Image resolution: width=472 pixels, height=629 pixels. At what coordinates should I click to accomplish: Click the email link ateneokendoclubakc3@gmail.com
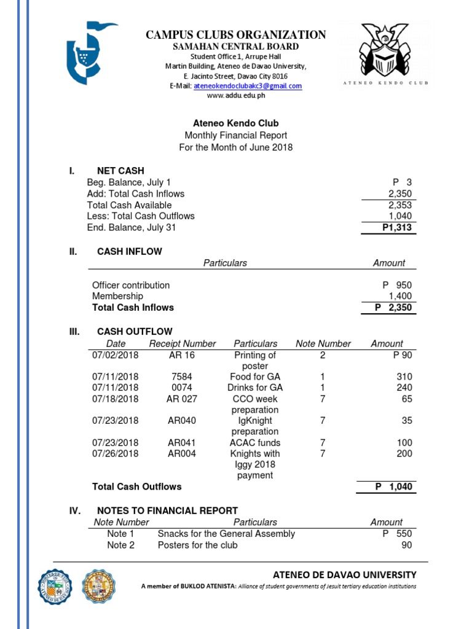pos(248,87)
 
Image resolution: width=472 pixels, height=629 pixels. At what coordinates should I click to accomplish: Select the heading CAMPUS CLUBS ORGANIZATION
pos(236,35)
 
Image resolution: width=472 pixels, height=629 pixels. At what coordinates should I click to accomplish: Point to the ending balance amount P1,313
pos(396,228)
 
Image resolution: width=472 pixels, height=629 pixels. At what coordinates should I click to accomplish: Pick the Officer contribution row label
pos(131,285)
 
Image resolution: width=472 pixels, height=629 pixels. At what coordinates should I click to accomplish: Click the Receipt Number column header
pos(183,344)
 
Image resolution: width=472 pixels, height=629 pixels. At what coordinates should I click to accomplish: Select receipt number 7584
pos(183,377)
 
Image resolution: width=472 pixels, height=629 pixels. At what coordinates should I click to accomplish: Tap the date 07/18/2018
pos(116,399)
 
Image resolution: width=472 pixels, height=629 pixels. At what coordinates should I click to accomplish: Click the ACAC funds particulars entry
pos(255,443)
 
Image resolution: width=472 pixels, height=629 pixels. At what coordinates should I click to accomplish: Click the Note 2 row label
pos(120,545)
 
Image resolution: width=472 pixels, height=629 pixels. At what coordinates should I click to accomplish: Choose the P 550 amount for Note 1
pos(396,534)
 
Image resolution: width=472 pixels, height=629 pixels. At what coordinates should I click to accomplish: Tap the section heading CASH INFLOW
pos(130,251)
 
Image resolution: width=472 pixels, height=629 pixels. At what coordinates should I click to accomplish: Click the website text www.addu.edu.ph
pos(236,96)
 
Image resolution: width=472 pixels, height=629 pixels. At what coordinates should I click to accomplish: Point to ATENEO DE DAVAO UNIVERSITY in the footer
pos(344,575)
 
